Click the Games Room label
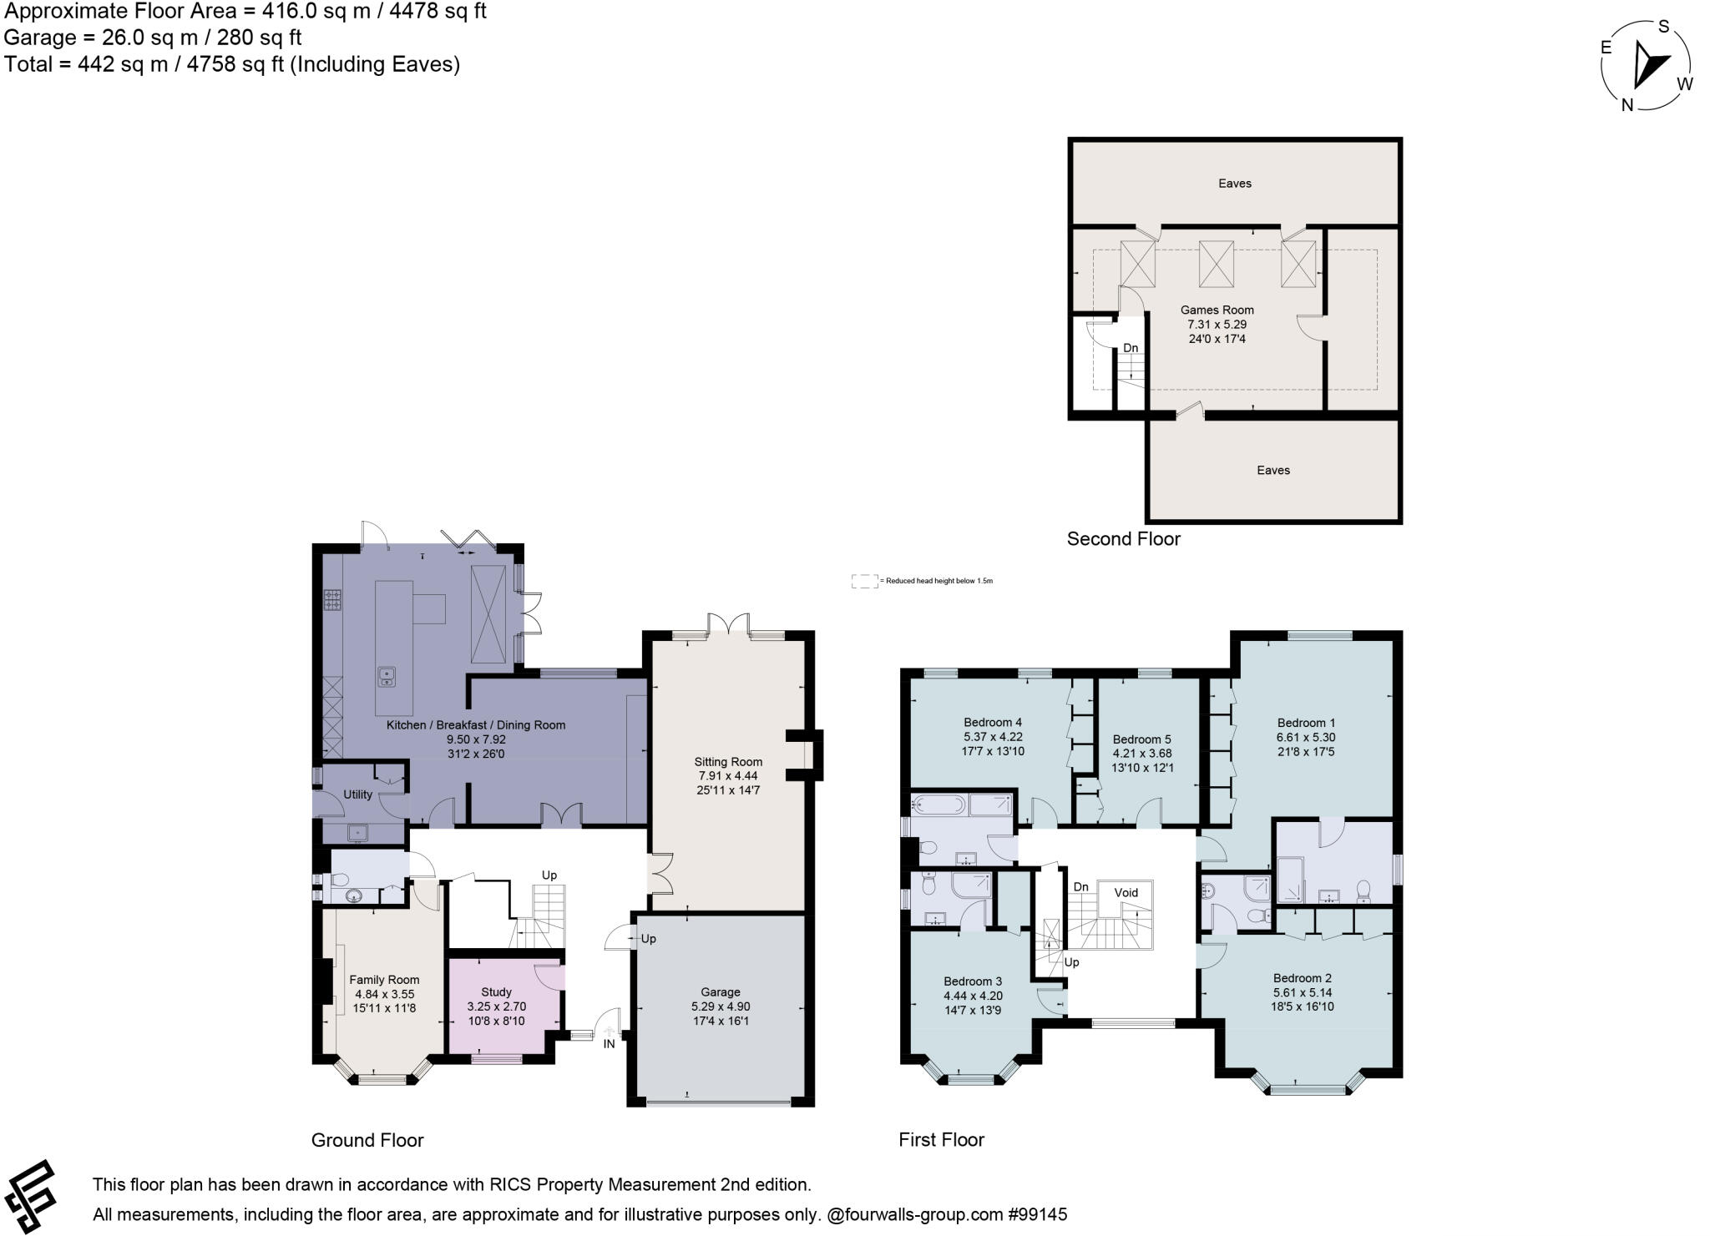(1217, 310)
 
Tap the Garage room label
(721, 991)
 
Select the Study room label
(496, 991)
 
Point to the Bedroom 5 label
(1141, 739)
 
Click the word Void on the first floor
(1126, 892)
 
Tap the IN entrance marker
(609, 1043)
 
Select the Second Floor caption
(1123, 539)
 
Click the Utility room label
(357, 795)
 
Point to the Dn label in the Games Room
(1130, 348)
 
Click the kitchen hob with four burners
(332, 600)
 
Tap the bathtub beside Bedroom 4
(938, 805)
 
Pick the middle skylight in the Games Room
(1216, 264)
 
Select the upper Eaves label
(1234, 184)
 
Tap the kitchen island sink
(386, 676)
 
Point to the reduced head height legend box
(864, 581)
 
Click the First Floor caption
(941, 1139)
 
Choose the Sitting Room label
(728, 761)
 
